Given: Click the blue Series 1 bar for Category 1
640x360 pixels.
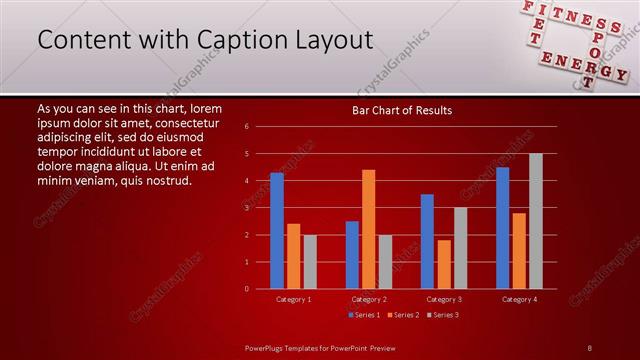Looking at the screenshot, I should click(x=276, y=231).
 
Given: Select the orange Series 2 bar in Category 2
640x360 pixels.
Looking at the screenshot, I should click(x=369, y=229).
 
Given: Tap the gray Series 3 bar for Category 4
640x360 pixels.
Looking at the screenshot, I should click(x=536, y=221).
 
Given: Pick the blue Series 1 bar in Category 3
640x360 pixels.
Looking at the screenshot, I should click(x=427, y=241).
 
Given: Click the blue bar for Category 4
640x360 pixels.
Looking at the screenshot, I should click(x=502, y=228).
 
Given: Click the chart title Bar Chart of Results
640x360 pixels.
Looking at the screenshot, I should click(x=402, y=110).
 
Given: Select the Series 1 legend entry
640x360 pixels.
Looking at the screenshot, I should click(x=364, y=315).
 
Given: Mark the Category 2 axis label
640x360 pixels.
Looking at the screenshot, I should click(x=368, y=299).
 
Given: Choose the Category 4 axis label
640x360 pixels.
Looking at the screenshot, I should click(x=519, y=299).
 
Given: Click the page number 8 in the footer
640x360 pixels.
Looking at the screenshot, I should click(x=590, y=347).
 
